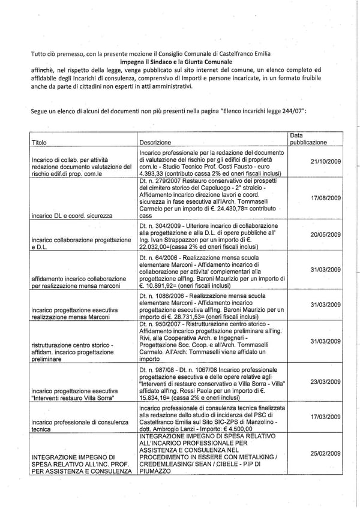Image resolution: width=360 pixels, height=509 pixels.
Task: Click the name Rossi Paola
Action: click(x=208, y=391)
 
